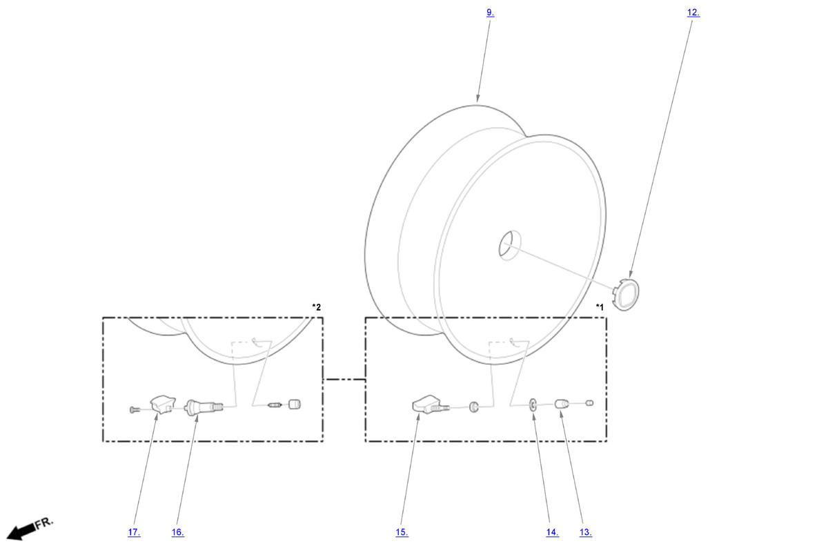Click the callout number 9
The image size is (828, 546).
pyautogui.click(x=490, y=12)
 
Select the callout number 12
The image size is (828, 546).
pyautogui.click(x=693, y=12)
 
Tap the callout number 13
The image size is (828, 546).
pyautogui.click(x=586, y=532)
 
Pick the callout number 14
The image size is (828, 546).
pyautogui.click(x=552, y=532)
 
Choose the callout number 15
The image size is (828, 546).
pyautogui.click(x=402, y=532)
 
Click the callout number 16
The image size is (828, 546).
pyautogui.click(x=177, y=532)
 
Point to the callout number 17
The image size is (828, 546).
pyautogui.click(x=134, y=532)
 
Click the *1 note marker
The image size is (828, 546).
pyautogui.click(x=600, y=307)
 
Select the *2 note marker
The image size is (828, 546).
pyautogui.click(x=317, y=307)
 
